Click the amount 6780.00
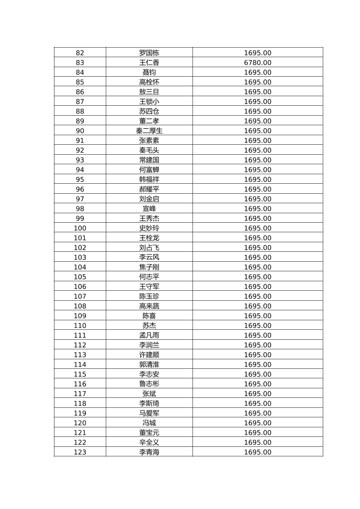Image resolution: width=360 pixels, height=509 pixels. [x=257, y=63]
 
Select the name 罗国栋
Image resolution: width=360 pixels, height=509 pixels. [x=149, y=53]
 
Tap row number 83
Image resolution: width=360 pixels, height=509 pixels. [x=80, y=63]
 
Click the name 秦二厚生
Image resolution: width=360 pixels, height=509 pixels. [x=149, y=131]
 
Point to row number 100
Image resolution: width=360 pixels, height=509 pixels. [x=80, y=228]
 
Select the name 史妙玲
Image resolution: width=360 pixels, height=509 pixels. [x=149, y=228]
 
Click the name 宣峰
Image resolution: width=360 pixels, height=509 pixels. [x=149, y=209]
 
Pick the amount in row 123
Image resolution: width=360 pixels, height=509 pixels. [x=257, y=452]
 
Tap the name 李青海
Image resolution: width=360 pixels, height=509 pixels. [x=149, y=452]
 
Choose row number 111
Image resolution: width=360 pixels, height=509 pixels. [x=80, y=335]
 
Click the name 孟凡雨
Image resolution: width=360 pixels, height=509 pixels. [x=149, y=335]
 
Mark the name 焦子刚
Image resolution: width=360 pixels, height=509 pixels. [x=149, y=267]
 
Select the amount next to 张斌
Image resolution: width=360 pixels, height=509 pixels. [x=257, y=394]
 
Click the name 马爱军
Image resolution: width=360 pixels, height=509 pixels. [x=149, y=413]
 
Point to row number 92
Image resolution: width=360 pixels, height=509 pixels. [x=80, y=150]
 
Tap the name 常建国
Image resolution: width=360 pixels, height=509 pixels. [x=149, y=160]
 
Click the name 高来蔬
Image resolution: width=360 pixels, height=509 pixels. [x=149, y=306]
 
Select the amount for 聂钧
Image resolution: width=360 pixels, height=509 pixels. [x=257, y=72]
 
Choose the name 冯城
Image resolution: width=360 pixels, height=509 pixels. [x=149, y=423]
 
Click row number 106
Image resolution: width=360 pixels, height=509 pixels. [x=80, y=287]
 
